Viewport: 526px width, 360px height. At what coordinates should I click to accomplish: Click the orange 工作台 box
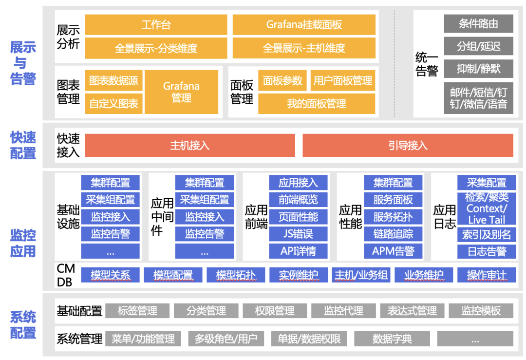tap(156, 24)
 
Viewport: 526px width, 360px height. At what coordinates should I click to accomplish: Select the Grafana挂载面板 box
tap(304, 24)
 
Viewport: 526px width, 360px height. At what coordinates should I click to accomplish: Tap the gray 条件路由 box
tap(478, 23)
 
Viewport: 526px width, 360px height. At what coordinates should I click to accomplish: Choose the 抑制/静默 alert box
tap(478, 69)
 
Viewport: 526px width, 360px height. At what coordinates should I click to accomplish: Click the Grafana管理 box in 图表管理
tap(181, 92)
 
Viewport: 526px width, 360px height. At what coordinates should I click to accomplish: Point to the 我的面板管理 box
tap(317, 104)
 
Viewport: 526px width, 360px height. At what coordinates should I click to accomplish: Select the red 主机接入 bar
tap(190, 145)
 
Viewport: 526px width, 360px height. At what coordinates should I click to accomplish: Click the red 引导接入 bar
tap(408, 145)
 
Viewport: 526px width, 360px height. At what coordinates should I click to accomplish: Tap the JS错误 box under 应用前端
tap(298, 234)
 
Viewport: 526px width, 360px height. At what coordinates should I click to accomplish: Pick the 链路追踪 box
tap(393, 234)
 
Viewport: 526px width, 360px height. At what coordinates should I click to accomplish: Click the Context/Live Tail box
tap(486, 214)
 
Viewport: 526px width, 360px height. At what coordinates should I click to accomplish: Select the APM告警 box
tap(393, 251)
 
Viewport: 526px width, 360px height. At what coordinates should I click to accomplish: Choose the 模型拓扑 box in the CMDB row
tap(236, 275)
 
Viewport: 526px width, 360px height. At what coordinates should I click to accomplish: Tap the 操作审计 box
tap(486, 275)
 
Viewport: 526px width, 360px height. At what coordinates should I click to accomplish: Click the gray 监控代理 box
tap(343, 311)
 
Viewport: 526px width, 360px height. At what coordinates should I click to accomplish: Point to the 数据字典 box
tap(392, 339)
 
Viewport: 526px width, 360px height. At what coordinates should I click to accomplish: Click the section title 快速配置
tap(23, 145)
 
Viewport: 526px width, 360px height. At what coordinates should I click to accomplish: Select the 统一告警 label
tap(427, 64)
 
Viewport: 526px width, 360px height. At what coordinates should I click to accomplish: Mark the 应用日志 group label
tap(444, 217)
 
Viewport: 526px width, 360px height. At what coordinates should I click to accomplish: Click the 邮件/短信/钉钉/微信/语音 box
tap(478, 98)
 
